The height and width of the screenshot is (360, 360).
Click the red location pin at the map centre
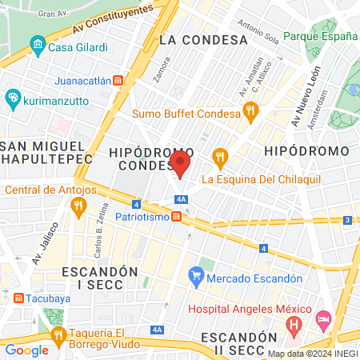coord(180,165)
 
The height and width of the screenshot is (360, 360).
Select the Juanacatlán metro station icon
coord(118,80)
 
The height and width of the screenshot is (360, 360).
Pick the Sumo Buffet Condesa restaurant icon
coord(250,113)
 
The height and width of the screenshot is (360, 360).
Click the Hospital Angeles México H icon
coord(294,326)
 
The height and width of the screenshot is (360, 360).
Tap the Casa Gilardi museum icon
coord(37,46)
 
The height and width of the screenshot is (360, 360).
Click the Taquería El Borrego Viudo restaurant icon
coord(57,334)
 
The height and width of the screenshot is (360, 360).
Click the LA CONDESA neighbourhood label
coord(202,39)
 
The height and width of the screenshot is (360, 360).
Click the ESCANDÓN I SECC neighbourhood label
coord(106,278)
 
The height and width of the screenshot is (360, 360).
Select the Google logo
coord(26,350)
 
